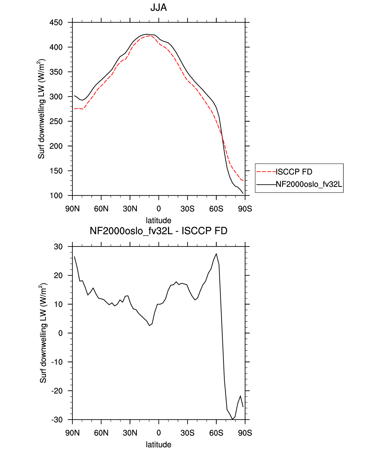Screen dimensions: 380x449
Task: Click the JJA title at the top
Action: coord(159,8)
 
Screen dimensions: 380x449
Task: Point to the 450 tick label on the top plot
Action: coord(56,22)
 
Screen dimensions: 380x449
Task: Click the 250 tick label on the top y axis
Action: coord(56,121)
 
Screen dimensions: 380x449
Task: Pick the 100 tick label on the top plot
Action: coord(56,196)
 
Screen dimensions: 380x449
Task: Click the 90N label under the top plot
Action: coord(72,209)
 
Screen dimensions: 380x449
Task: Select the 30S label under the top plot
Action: coord(187,209)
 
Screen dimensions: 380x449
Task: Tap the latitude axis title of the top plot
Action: coord(159,221)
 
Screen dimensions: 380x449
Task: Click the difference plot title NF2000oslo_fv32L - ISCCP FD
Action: coord(159,231)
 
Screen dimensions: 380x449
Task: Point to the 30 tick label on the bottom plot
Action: coord(58,247)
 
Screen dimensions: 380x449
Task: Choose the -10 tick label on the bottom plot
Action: coord(57,362)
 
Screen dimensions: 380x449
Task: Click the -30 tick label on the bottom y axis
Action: coord(57,419)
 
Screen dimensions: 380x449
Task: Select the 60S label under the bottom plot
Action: coord(216,433)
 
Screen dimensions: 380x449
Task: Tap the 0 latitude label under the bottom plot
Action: coord(159,433)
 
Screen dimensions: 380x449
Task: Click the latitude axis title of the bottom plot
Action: coord(159,445)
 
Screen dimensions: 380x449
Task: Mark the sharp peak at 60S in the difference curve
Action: coord(216,254)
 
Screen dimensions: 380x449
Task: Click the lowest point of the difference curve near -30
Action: coord(232,419)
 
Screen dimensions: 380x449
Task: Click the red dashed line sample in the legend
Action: coord(266,172)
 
